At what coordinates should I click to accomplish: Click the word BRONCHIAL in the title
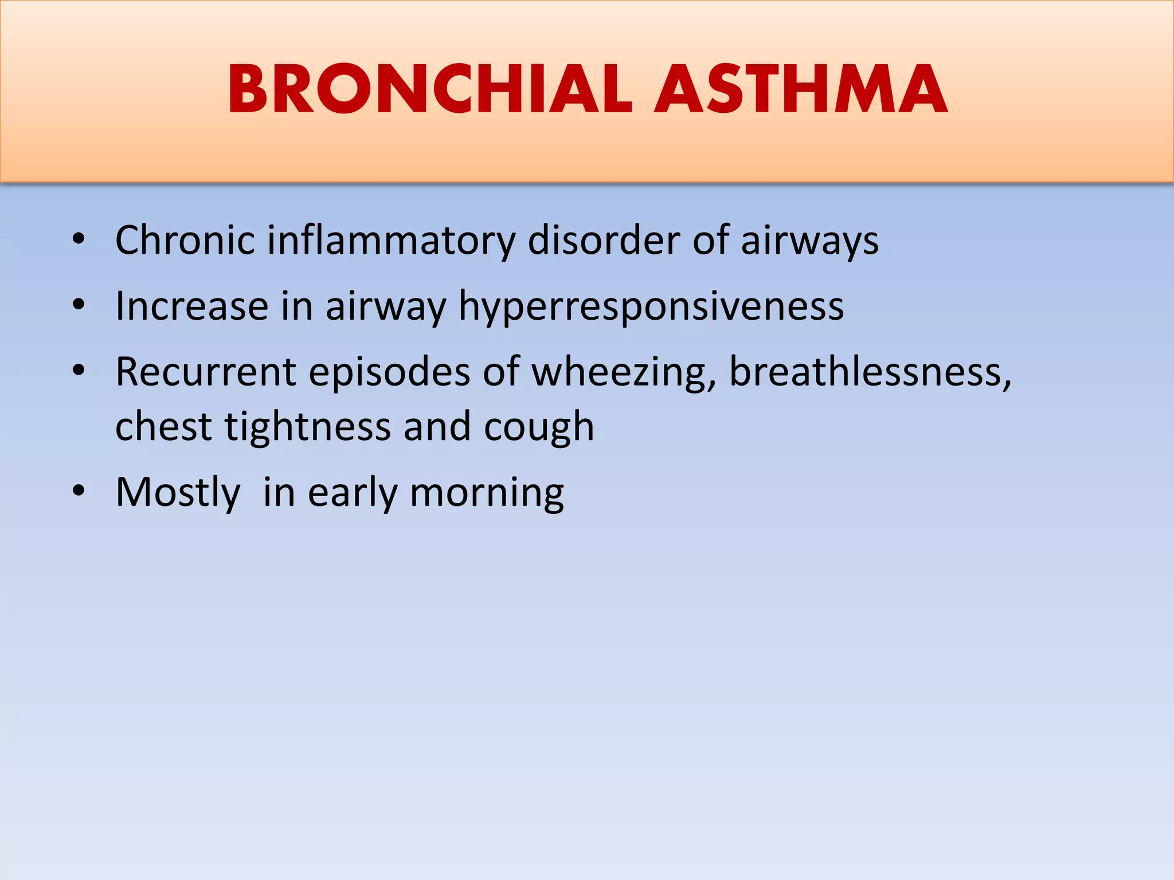pyautogui.click(x=430, y=90)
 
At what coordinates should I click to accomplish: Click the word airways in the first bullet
pyautogui.click(x=809, y=241)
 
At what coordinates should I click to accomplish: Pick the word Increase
pyautogui.click(x=191, y=306)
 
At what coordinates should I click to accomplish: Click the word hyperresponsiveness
pyautogui.click(x=651, y=307)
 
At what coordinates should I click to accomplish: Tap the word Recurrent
pyautogui.click(x=205, y=372)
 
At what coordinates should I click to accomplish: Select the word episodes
pyautogui.click(x=389, y=373)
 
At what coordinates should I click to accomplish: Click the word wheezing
pyautogui.click(x=624, y=373)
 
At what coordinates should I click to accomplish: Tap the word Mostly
pyautogui.click(x=178, y=493)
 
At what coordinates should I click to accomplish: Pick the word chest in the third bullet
pyautogui.click(x=163, y=427)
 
